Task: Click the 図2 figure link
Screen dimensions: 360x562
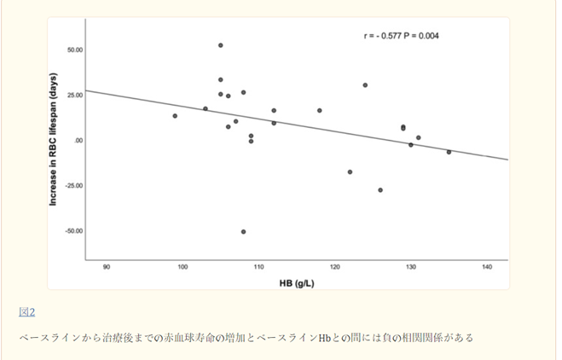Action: click(x=26, y=312)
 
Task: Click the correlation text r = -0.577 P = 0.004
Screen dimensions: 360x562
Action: click(x=401, y=36)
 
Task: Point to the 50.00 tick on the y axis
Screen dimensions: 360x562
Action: click(x=74, y=49)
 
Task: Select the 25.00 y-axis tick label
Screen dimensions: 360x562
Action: click(x=74, y=95)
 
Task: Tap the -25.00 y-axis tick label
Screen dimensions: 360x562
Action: click(x=73, y=185)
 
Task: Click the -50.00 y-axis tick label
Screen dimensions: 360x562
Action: click(x=73, y=230)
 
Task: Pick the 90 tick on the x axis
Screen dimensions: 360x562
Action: click(x=107, y=268)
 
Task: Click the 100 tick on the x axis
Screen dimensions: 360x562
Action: click(x=183, y=268)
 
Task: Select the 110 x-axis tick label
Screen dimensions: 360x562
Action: click(x=258, y=268)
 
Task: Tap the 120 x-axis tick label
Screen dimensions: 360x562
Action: click(x=334, y=268)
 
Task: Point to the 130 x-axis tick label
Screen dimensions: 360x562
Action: click(x=410, y=268)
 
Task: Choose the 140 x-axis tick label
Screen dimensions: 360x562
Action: click(x=486, y=268)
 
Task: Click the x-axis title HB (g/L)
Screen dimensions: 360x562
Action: click(x=295, y=282)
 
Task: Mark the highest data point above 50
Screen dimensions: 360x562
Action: click(x=221, y=45)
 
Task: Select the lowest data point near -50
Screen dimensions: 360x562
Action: click(x=243, y=231)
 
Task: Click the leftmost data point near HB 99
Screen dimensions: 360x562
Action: click(x=175, y=116)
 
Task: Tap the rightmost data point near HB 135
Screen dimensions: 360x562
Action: click(x=449, y=152)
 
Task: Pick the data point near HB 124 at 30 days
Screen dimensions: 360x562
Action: click(x=365, y=85)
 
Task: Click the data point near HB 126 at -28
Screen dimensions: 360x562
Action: click(x=380, y=190)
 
